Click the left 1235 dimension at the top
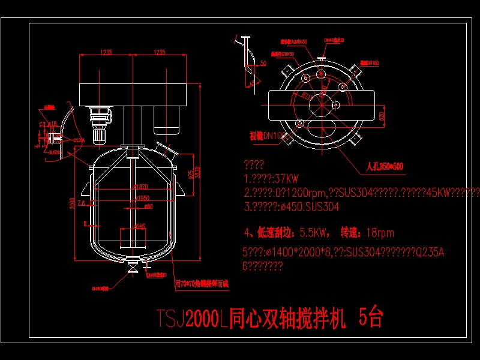click(106, 52)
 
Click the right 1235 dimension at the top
click(159, 52)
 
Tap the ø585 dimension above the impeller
click(139, 226)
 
